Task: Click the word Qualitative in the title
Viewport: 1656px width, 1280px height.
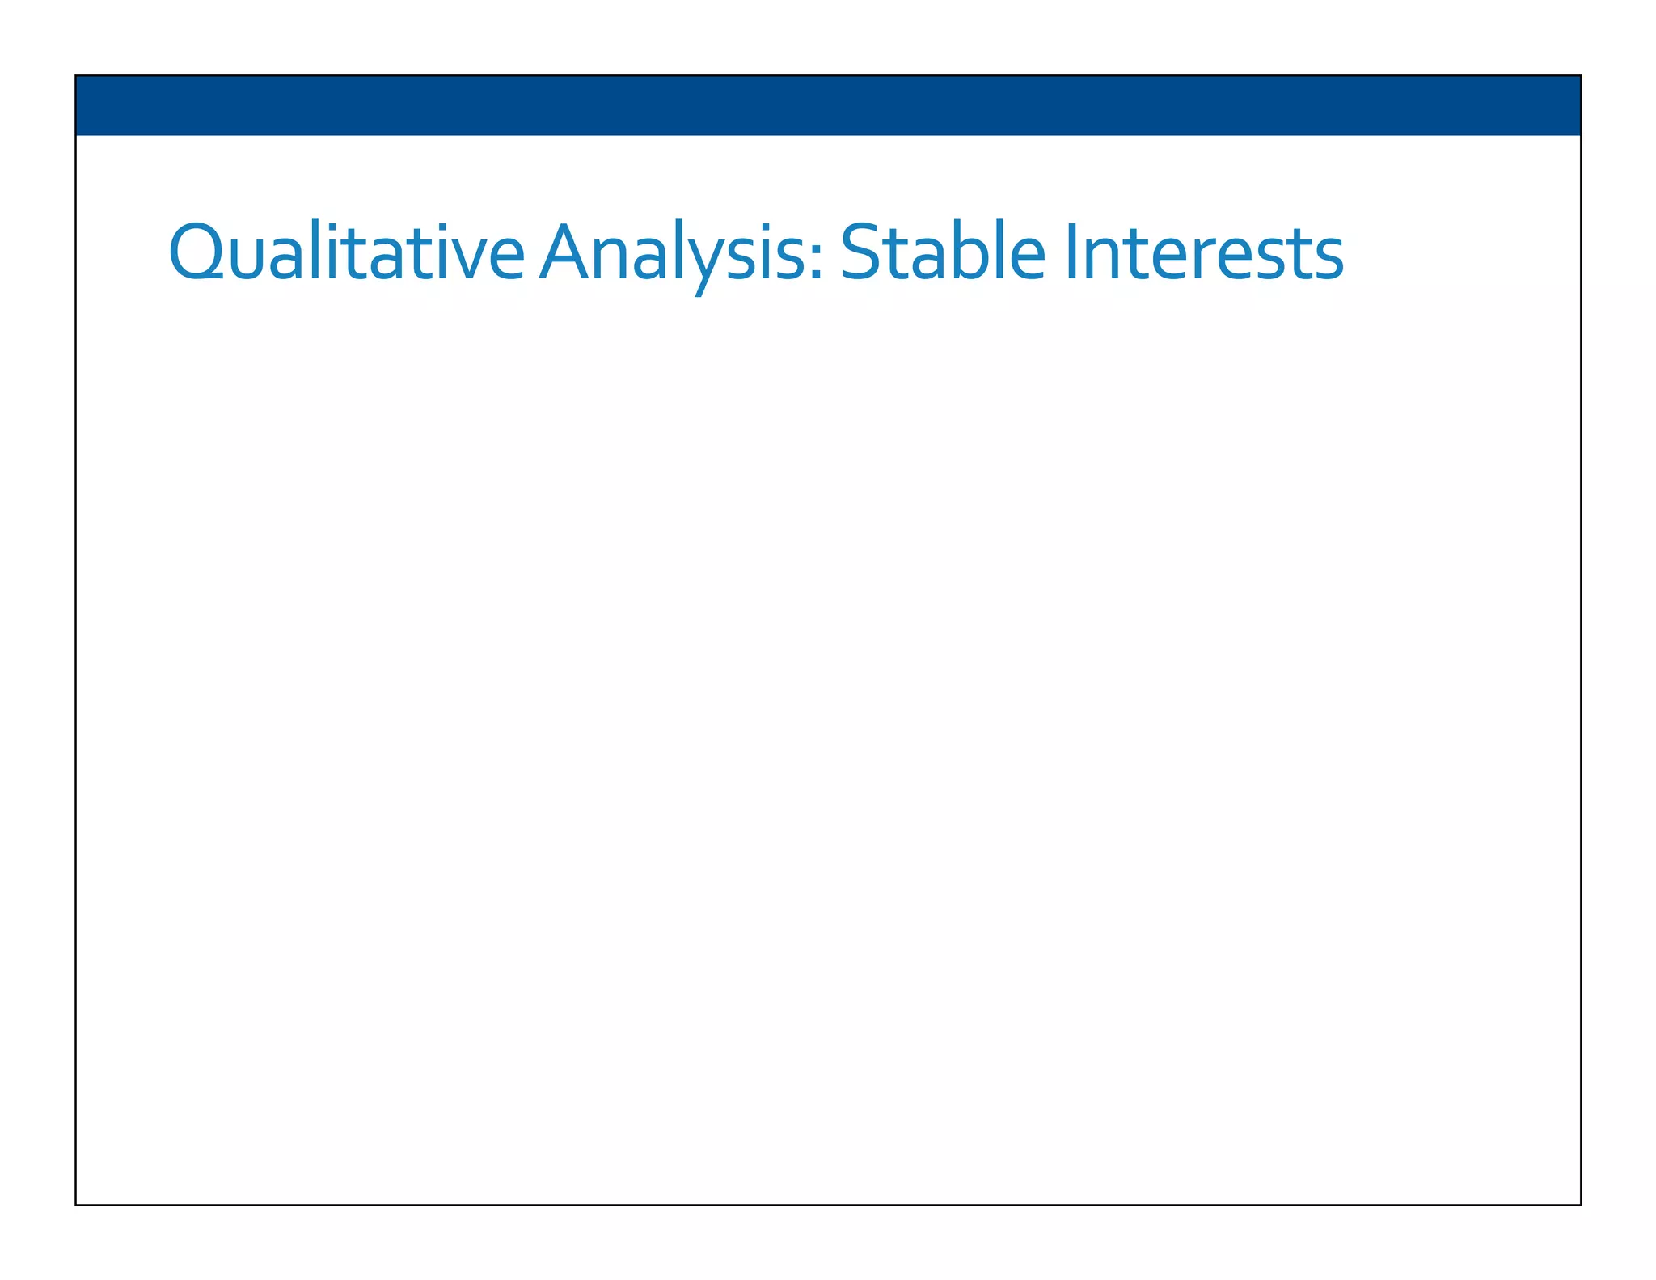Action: (346, 252)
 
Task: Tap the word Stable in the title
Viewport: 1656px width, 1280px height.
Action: (943, 252)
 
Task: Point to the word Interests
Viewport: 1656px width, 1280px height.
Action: (1205, 252)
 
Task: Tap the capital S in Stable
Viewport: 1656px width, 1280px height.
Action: (859, 252)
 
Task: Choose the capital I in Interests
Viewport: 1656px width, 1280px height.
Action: (1073, 252)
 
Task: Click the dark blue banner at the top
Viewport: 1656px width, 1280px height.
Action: (828, 105)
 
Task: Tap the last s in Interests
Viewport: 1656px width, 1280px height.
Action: (1326, 259)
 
